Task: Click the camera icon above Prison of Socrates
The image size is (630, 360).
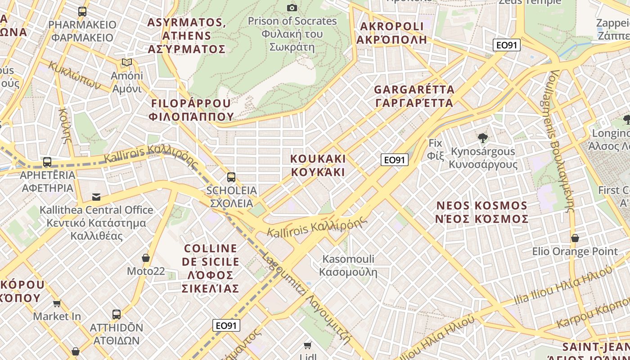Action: click(292, 8)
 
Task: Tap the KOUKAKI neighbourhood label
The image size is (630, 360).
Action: click(318, 165)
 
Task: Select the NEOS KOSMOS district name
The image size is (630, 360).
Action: click(482, 212)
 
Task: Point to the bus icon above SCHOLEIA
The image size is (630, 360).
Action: click(231, 177)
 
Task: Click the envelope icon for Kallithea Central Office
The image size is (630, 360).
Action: click(96, 196)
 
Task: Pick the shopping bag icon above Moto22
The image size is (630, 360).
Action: click(146, 258)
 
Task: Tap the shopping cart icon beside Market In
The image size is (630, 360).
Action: click(57, 303)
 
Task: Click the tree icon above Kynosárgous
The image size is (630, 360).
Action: click(483, 138)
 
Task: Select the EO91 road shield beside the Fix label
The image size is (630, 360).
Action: click(395, 159)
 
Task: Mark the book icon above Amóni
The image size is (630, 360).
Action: click(127, 62)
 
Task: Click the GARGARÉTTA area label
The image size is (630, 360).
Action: click(414, 96)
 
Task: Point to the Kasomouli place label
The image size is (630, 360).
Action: click(348, 265)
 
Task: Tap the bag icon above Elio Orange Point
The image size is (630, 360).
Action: click(575, 238)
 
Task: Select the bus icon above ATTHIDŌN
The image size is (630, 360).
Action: click(116, 314)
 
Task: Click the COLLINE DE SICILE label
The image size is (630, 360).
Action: click(211, 268)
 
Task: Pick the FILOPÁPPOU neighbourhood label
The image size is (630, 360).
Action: click(192, 110)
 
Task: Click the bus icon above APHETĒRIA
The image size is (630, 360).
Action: click(47, 162)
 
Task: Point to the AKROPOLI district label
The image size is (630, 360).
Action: click(391, 32)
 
